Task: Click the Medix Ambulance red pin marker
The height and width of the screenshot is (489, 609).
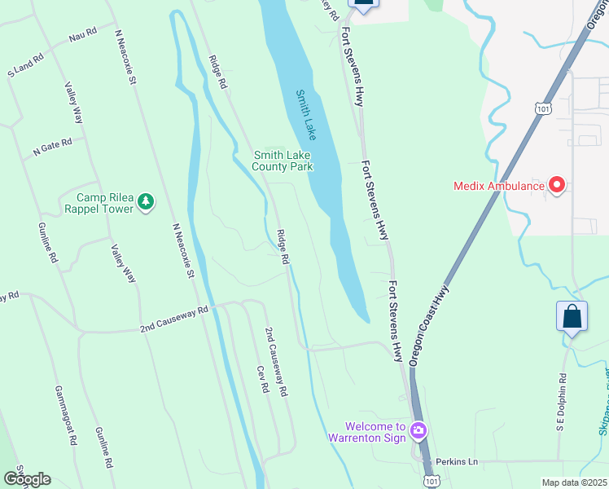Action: tap(558, 185)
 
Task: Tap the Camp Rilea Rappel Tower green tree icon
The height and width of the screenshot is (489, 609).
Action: tap(146, 201)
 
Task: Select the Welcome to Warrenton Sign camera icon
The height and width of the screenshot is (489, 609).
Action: tap(418, 430)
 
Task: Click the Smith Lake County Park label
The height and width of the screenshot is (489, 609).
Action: tap(283, 161)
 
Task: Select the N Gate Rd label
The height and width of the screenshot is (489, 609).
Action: tap(53, 146)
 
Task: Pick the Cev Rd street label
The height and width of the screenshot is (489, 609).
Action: tap(263, 380)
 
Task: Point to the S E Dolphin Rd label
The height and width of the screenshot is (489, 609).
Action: tap(562, 402)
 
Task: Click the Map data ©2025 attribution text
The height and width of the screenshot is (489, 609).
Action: tap(575, 482)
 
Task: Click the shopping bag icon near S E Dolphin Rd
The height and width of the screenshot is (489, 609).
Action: tap(572, 315)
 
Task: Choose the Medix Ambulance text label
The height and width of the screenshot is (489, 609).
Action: tap(498, 186)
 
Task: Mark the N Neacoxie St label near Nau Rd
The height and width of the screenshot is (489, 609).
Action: tap(125, 56)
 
